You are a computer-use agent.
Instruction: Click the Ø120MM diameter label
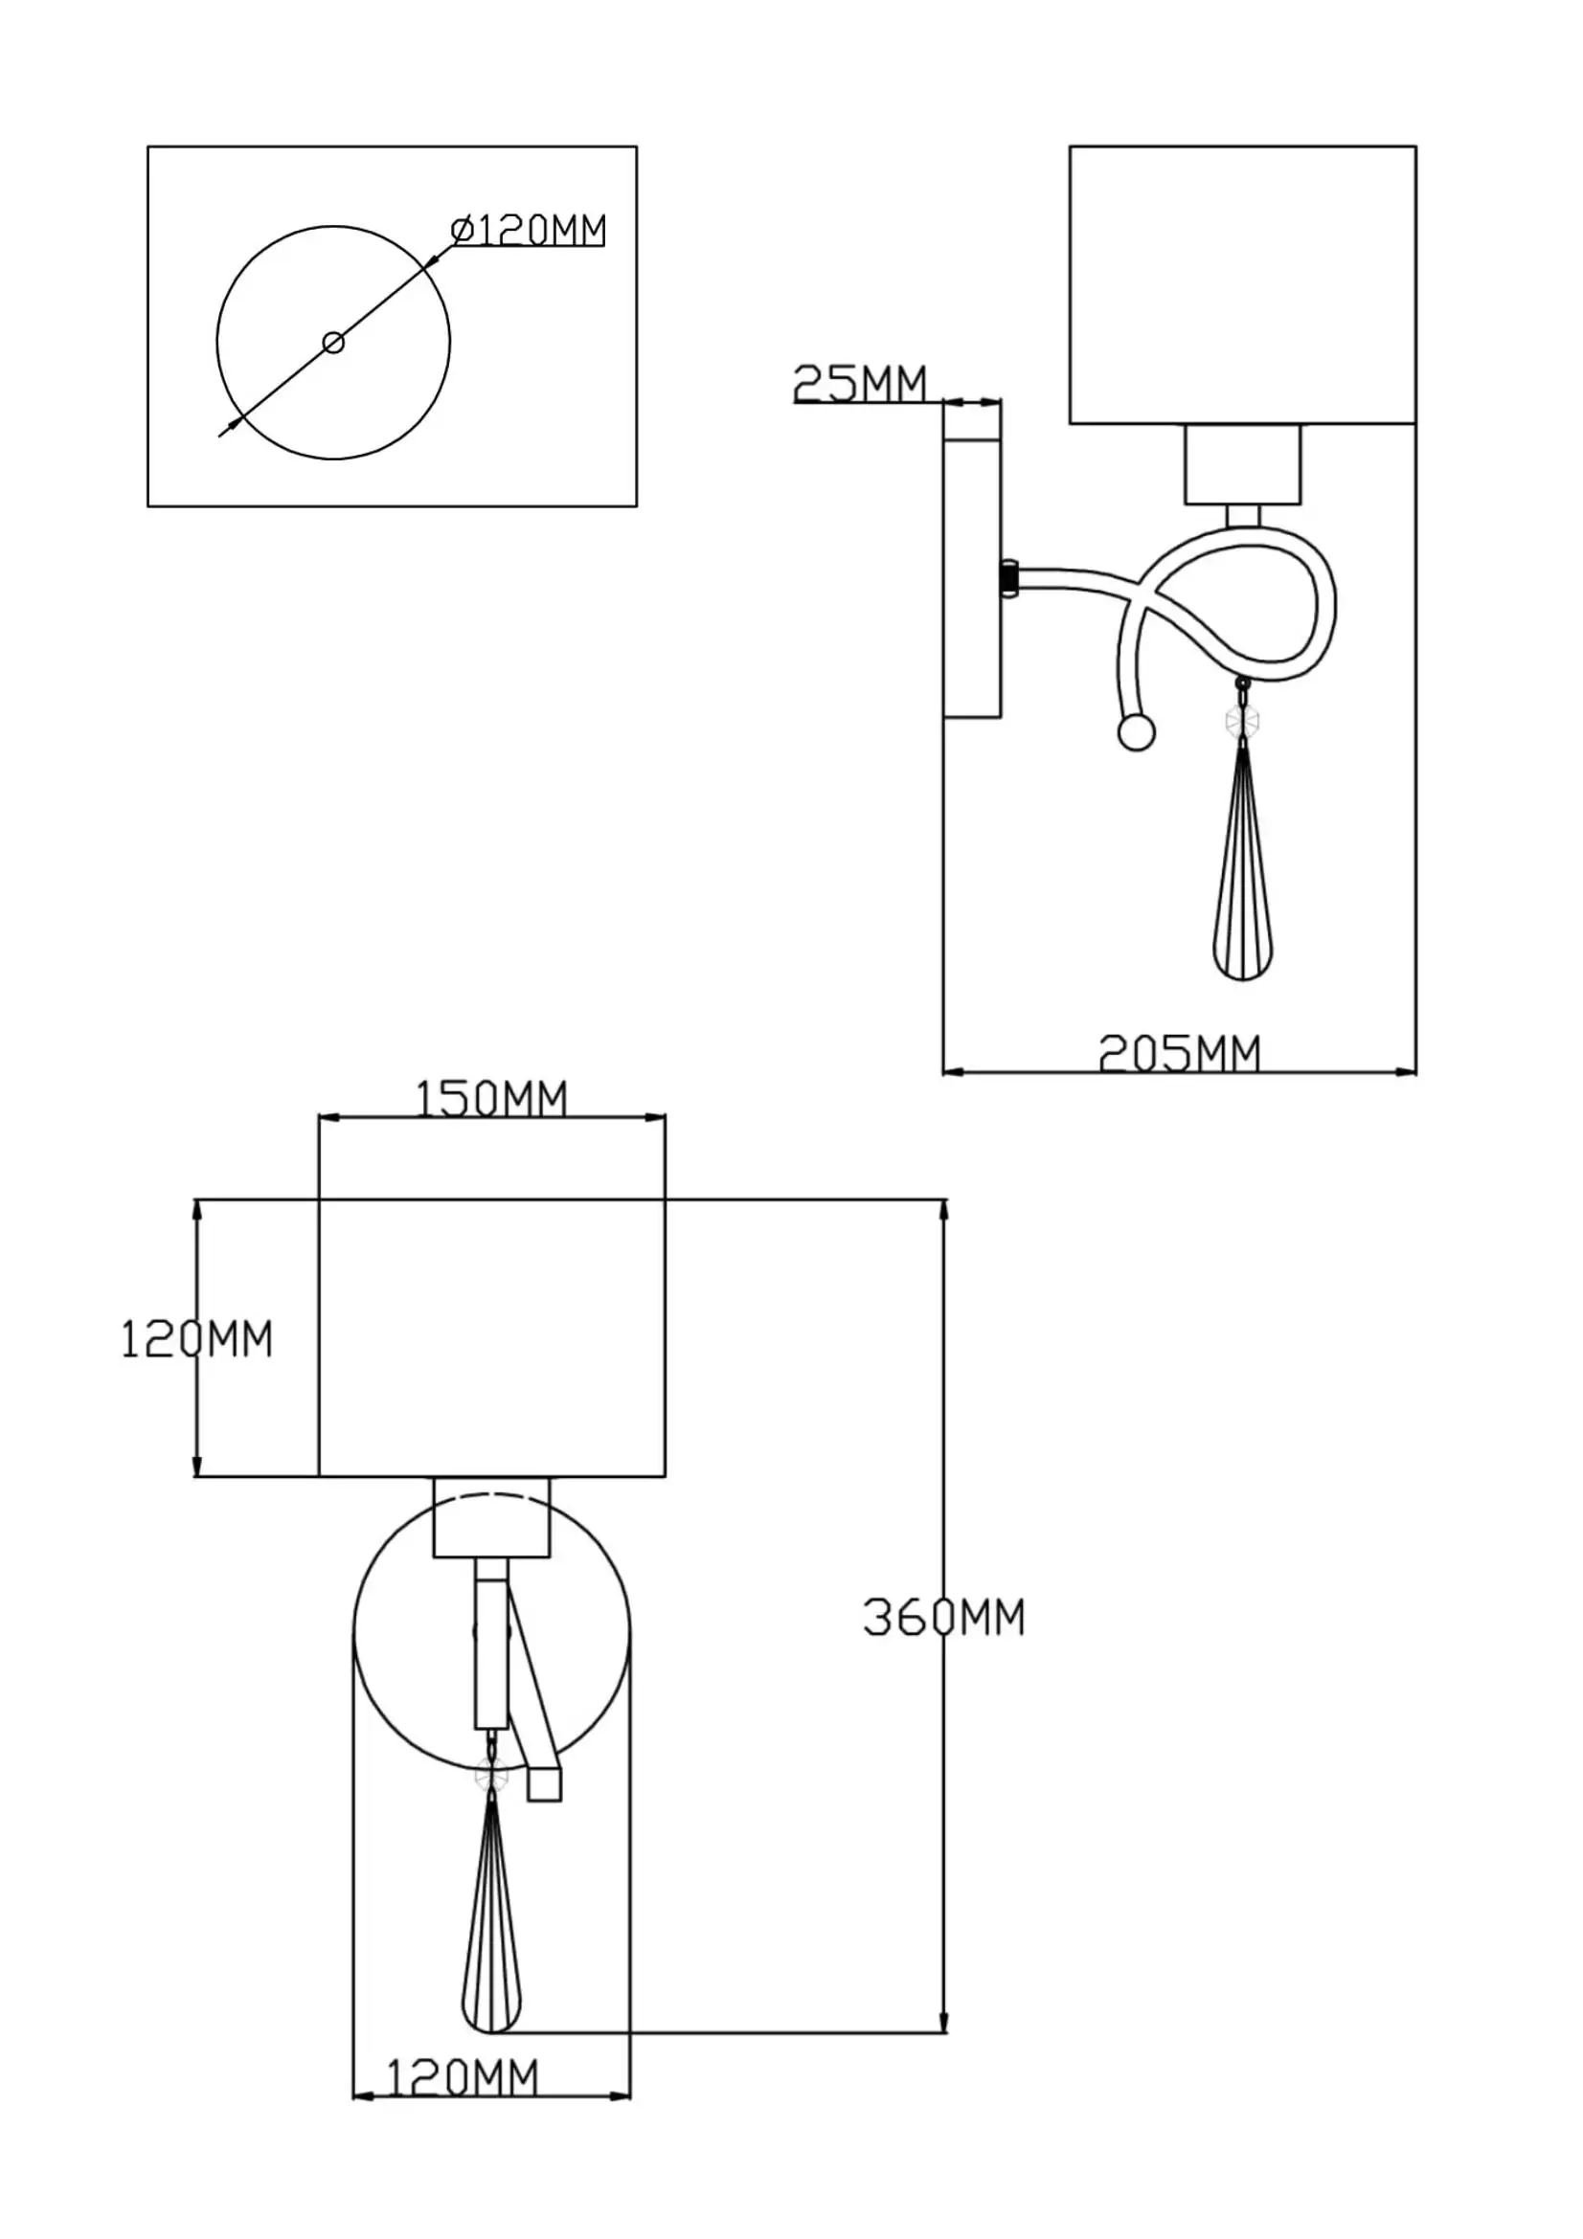coord(528,230)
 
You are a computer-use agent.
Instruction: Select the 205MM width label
coord(1179,1053)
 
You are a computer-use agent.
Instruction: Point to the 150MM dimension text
coord(491,1099)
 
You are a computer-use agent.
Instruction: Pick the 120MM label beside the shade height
coord(196,1339)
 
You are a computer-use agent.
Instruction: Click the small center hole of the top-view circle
coord(333,343)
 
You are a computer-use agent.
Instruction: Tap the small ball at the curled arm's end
coord(1137,732)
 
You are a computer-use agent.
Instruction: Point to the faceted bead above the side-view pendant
coord(1242,722)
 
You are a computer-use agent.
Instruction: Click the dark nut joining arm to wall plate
coord(1009,577)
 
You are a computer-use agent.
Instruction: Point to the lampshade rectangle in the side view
coord(1242,284)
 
